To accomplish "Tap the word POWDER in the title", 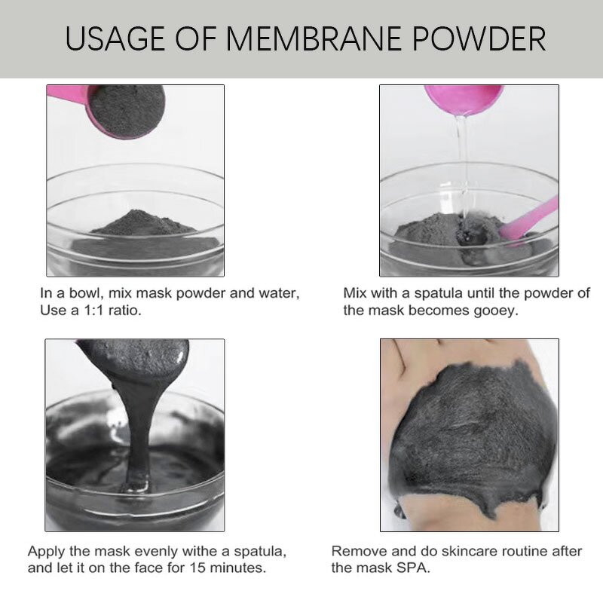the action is (479, 39).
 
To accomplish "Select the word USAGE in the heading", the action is (115, 39).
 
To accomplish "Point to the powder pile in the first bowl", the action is (143, 223).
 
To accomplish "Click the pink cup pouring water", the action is (464, 99).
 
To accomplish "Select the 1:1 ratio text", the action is (93, 310).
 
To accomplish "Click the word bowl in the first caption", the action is (84, 293).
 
